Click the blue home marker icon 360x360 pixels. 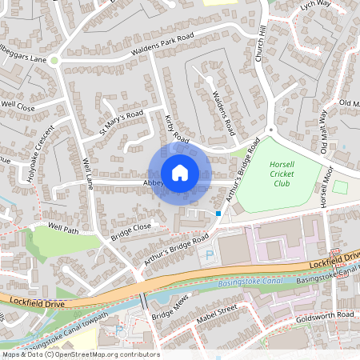180,173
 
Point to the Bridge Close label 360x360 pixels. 131,231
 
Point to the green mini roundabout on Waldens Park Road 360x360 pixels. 54,60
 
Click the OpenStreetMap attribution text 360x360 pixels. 80,354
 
